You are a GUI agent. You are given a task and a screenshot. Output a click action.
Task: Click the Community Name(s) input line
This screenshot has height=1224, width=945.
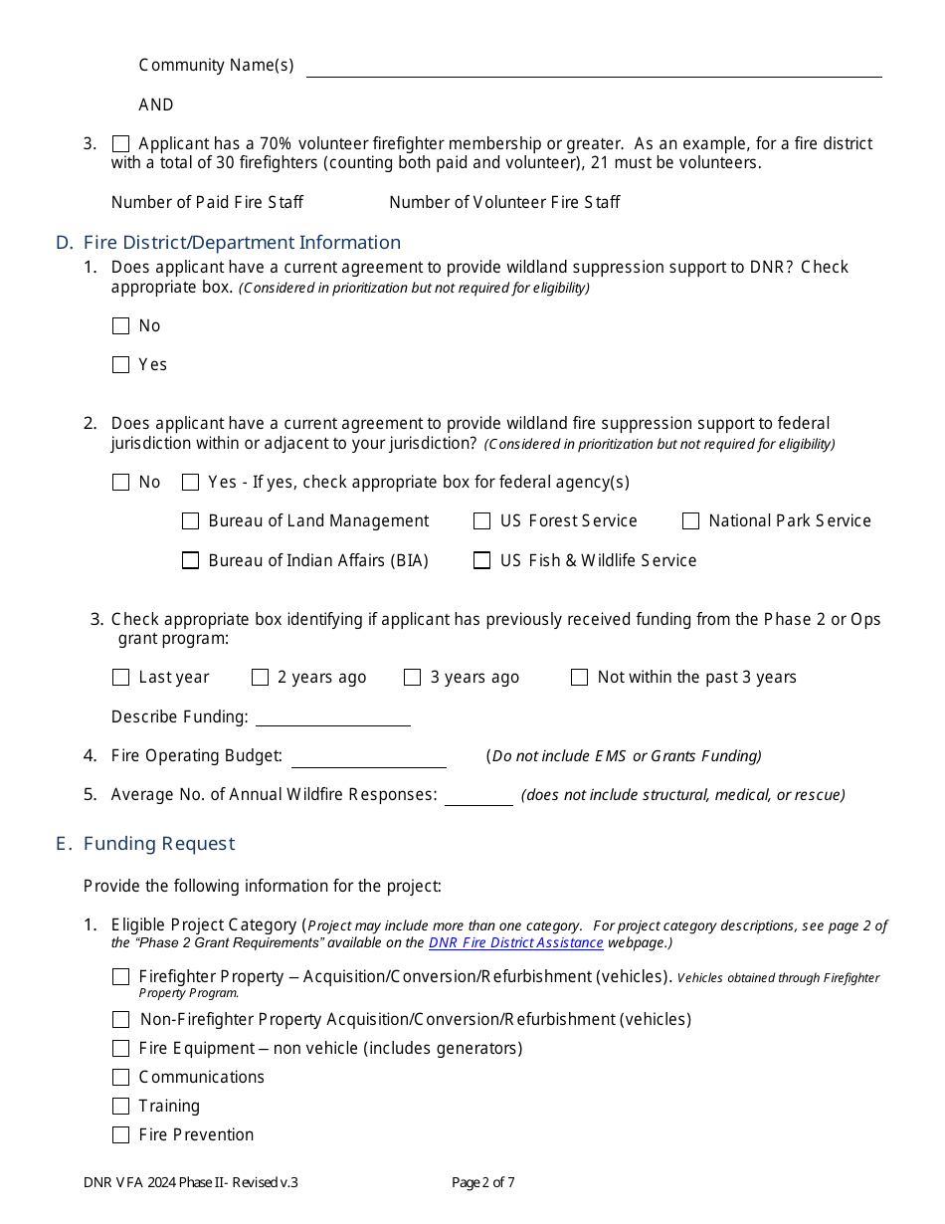point(594,66)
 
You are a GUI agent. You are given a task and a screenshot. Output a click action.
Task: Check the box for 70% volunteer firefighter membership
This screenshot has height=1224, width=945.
point(120,143)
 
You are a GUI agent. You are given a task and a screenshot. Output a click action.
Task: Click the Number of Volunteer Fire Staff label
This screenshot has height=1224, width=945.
point(504,202)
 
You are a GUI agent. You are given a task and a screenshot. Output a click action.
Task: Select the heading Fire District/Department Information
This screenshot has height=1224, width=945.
point(242,242)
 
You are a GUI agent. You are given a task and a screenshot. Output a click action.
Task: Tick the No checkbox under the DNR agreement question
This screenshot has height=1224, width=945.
point(120,325)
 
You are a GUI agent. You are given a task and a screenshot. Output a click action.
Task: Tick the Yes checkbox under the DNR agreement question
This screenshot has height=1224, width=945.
point(120,364)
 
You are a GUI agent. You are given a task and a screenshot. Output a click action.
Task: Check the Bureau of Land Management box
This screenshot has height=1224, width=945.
point(190,520)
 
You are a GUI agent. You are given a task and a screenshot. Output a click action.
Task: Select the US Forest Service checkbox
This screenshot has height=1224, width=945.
point(481,520)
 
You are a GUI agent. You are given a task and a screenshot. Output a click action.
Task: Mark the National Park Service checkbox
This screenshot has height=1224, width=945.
point(690,520)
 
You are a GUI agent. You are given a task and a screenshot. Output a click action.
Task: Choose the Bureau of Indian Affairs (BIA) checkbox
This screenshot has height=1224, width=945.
point(190,560)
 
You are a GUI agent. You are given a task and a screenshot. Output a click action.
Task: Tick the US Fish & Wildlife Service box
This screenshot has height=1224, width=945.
point(481,560)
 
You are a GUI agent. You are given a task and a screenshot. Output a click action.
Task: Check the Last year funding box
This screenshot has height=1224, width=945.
point(120,677)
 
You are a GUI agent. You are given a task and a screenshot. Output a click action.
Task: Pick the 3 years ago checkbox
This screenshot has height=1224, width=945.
point(412,677)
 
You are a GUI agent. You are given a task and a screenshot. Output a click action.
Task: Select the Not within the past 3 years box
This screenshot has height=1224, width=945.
point(579,677)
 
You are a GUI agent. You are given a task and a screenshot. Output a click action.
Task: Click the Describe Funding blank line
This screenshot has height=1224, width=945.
point(333,716)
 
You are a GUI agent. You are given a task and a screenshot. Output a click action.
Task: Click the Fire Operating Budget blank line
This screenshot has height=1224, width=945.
point(368,756)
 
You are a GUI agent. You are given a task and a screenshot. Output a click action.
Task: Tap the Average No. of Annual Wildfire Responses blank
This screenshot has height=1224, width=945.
point(478,795)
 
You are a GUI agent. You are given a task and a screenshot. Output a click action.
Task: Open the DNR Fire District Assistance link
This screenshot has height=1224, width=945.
point(515,942)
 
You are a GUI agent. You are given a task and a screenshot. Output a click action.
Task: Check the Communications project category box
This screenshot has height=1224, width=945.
point(120,1077)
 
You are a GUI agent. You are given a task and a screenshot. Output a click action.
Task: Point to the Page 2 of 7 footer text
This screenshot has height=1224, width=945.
point(482,1183)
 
